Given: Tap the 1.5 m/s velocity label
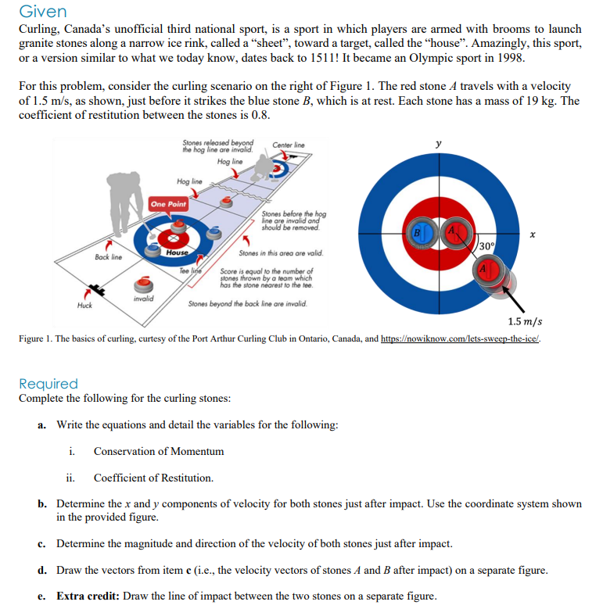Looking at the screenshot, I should pos(524,322).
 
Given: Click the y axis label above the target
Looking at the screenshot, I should pos(438,144).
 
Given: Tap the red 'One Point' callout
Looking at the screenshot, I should pos(168,203).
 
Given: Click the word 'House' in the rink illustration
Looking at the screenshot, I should pos(177,252).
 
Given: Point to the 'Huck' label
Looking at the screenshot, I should pos(84,305).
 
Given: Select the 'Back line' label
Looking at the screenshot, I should pos(108,256).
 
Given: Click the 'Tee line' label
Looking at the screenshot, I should pos(191,270).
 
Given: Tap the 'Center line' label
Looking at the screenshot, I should pos(289,145).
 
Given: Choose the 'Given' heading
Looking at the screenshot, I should pos(42,12).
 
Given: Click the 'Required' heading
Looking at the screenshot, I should pos(48,384).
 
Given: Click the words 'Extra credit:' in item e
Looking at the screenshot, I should pos(89,596).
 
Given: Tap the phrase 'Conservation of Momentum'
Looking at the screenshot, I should pos(159,451).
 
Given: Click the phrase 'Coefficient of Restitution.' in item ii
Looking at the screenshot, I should pos(153,478).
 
